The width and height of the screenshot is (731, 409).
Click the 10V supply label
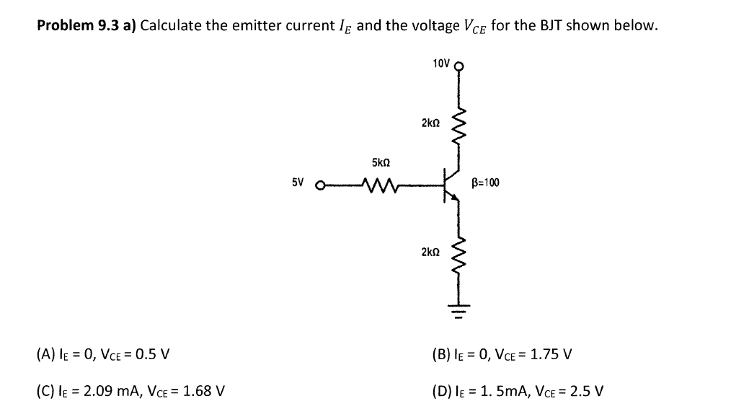[441, 63]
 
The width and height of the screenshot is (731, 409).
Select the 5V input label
[298, 182]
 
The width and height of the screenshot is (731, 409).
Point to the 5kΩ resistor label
[381, 163]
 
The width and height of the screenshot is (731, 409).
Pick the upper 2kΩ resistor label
[430, 123]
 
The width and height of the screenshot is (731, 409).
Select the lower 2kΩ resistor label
[430, 252]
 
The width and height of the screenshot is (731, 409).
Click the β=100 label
[485, 182]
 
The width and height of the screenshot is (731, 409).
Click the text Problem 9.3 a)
[86, 26]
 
